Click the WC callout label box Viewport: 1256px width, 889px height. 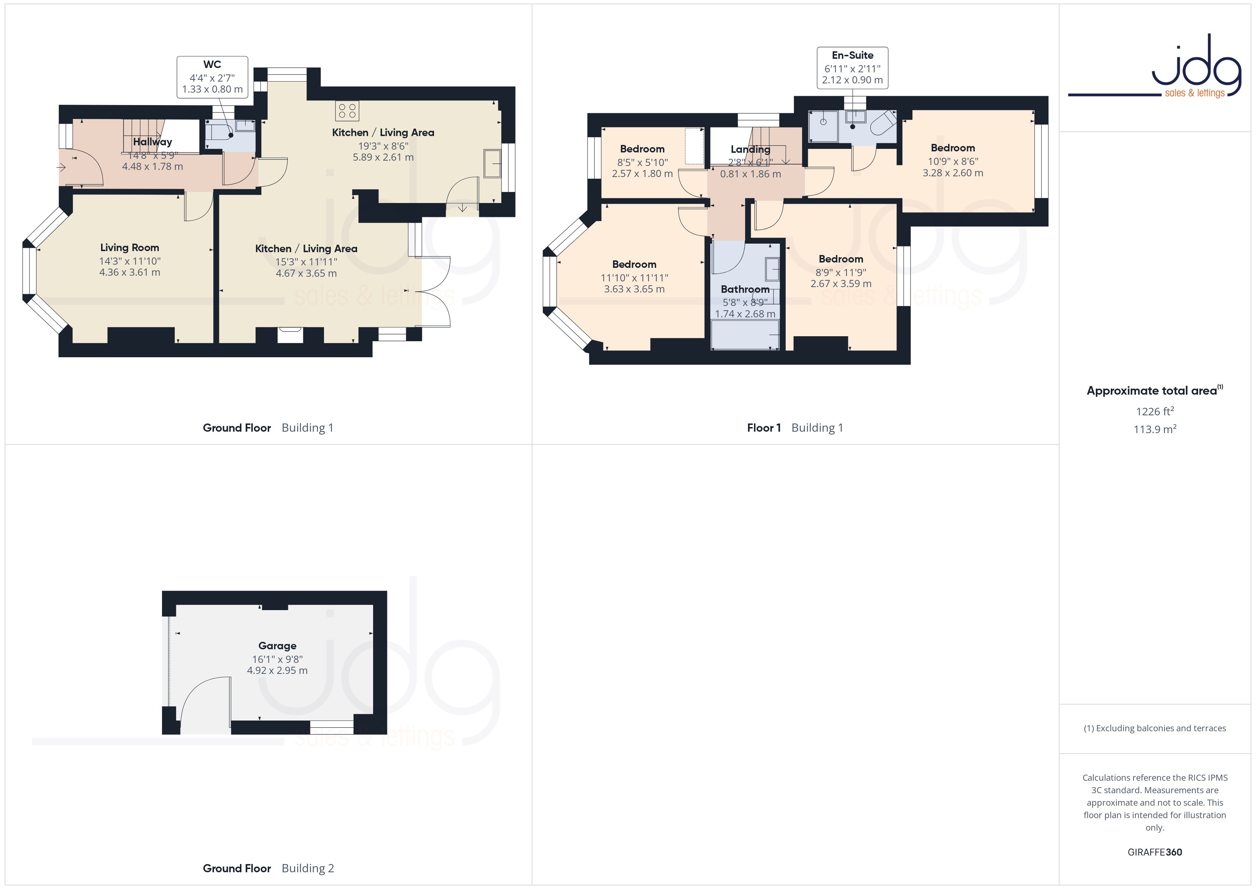tap(212, 77)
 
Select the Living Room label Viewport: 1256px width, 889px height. tap(130, 248)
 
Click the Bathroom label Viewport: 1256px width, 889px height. tap(745, 289)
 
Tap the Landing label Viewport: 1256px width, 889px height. tap(750, 149)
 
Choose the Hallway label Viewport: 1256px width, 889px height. tap(153, 142)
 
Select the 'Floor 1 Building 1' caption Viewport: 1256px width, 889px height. tap(795, 427)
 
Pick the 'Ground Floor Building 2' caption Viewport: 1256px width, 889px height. tap(268, 868)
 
